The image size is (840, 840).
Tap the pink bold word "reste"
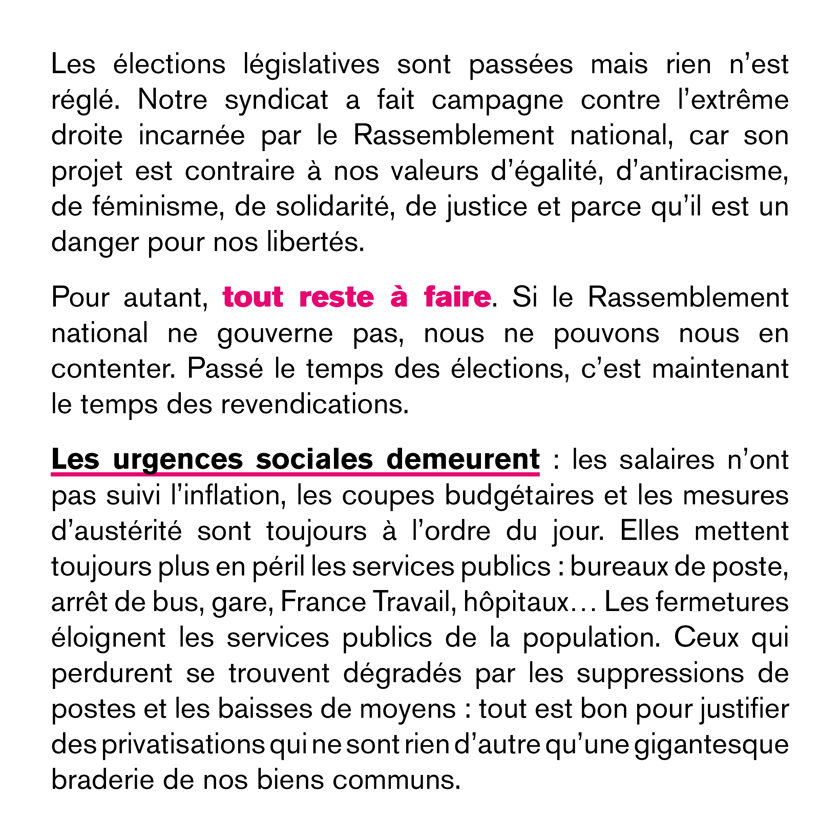click(337, 297)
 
